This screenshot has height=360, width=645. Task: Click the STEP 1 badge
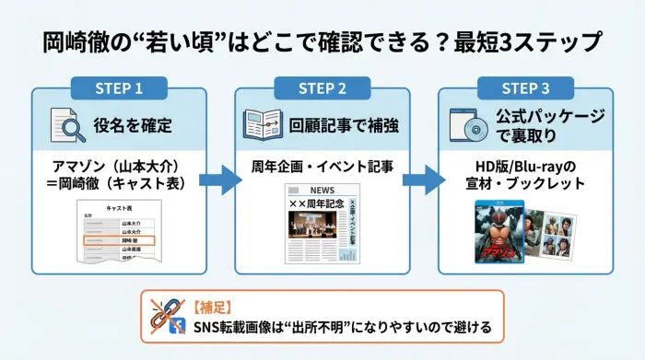[x=119, y=88]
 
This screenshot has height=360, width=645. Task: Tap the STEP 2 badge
[x=322, y=88]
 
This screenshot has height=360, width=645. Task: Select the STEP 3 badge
[x=524, y=88]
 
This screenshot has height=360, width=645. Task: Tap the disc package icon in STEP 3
[x=466, y=125]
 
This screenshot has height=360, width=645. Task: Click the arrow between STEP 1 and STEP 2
[x=217, y=178]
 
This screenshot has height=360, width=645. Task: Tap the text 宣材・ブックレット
[x=524, y=183]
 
